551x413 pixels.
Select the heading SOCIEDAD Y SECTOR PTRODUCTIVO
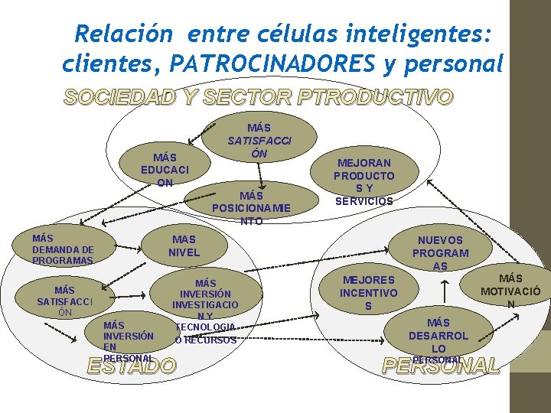(259, 97)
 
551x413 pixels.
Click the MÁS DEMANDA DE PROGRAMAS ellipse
(63, 249)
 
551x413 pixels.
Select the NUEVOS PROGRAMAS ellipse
(440, 252)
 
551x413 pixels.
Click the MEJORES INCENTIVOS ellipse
(369, 292)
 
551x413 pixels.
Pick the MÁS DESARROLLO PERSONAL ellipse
(439, 337)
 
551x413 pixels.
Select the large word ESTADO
(131, 366)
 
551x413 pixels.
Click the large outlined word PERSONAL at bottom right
(442, 366)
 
